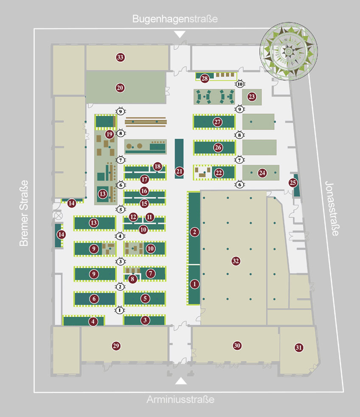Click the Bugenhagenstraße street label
(175, 19)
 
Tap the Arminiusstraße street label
(180, 400)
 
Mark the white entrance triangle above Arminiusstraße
(181, 381)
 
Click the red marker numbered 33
(120, 57)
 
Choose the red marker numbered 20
(120, 88)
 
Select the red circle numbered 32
(236, 260)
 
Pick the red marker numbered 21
(179, 172)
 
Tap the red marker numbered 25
(292, 183)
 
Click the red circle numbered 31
(299, 347)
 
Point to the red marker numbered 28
(205, 79)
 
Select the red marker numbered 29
(116, 346)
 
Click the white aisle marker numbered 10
(240, 84)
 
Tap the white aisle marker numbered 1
(120, 310)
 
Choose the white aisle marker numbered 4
(120, 236)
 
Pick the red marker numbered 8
(132, 279)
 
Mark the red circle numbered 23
(252, 97)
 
